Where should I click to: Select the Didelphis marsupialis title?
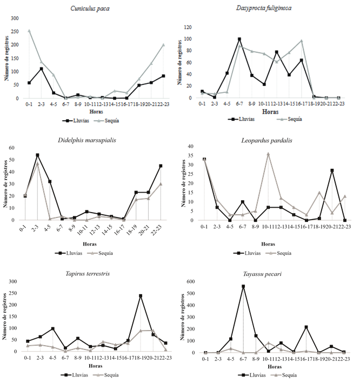(x=95, y=140)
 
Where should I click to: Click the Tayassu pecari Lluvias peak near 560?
(x=243, y=286)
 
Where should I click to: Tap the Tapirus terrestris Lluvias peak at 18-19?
(x=141, y=295)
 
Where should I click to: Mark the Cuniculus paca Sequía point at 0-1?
(x=29, y=31)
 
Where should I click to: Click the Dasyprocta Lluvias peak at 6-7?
(x=239, y=39)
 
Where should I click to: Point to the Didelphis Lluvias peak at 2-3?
(x=37, y=155)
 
